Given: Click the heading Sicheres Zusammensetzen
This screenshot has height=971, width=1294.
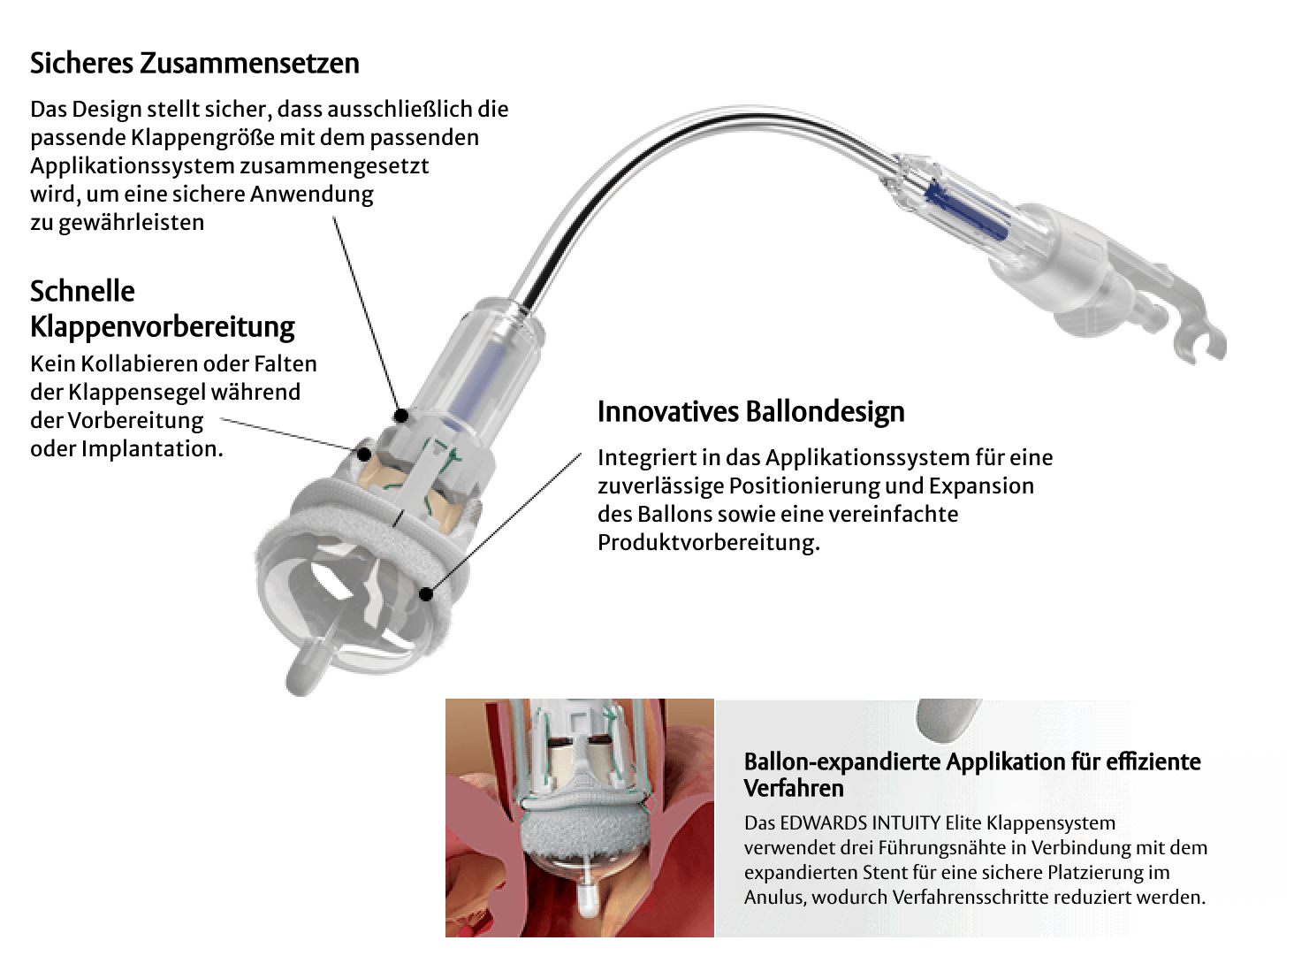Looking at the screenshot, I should pyautogui.click(x=194, y=64).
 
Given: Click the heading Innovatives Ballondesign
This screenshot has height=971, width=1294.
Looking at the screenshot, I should pyautogui.click(x=750, y=412).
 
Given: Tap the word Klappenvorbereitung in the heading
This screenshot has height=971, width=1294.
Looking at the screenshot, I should pyautogui.click(x=163, y=326).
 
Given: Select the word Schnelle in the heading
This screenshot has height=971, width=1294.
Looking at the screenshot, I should pyautogui.click(x=82, y=291).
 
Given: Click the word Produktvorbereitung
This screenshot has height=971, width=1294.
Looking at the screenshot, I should pyautogui.click(x=709, y=543).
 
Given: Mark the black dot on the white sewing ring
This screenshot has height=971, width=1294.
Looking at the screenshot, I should pyautogui.click(x=428, y=593).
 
